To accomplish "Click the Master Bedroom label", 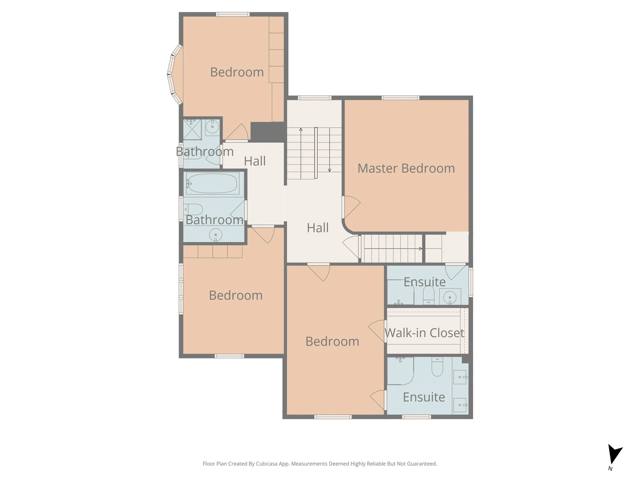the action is (x=406, y=168).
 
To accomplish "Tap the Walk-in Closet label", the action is (x=424, y=332).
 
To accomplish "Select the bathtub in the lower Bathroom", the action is (x=212, y=184).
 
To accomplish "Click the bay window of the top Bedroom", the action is (x=174, y=74).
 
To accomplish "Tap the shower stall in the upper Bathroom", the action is (x=192, y=129).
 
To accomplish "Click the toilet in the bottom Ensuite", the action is (x=437, y=367).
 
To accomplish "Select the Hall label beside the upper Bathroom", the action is (x=254, y=161).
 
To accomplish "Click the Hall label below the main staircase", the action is (x=318, y=228).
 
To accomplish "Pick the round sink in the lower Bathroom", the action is (x=216, y=234).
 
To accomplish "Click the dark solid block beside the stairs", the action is (x=267, y=132).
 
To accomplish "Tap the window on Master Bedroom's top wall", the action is (x=400, y=98).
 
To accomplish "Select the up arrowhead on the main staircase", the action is (x=301, y=129).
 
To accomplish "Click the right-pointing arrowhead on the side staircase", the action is (x=420, y=248).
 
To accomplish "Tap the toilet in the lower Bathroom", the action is (x=193, y=209).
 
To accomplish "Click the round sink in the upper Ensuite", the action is (x=450, y=297).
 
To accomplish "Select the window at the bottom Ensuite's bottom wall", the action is (x=416, y=417).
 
